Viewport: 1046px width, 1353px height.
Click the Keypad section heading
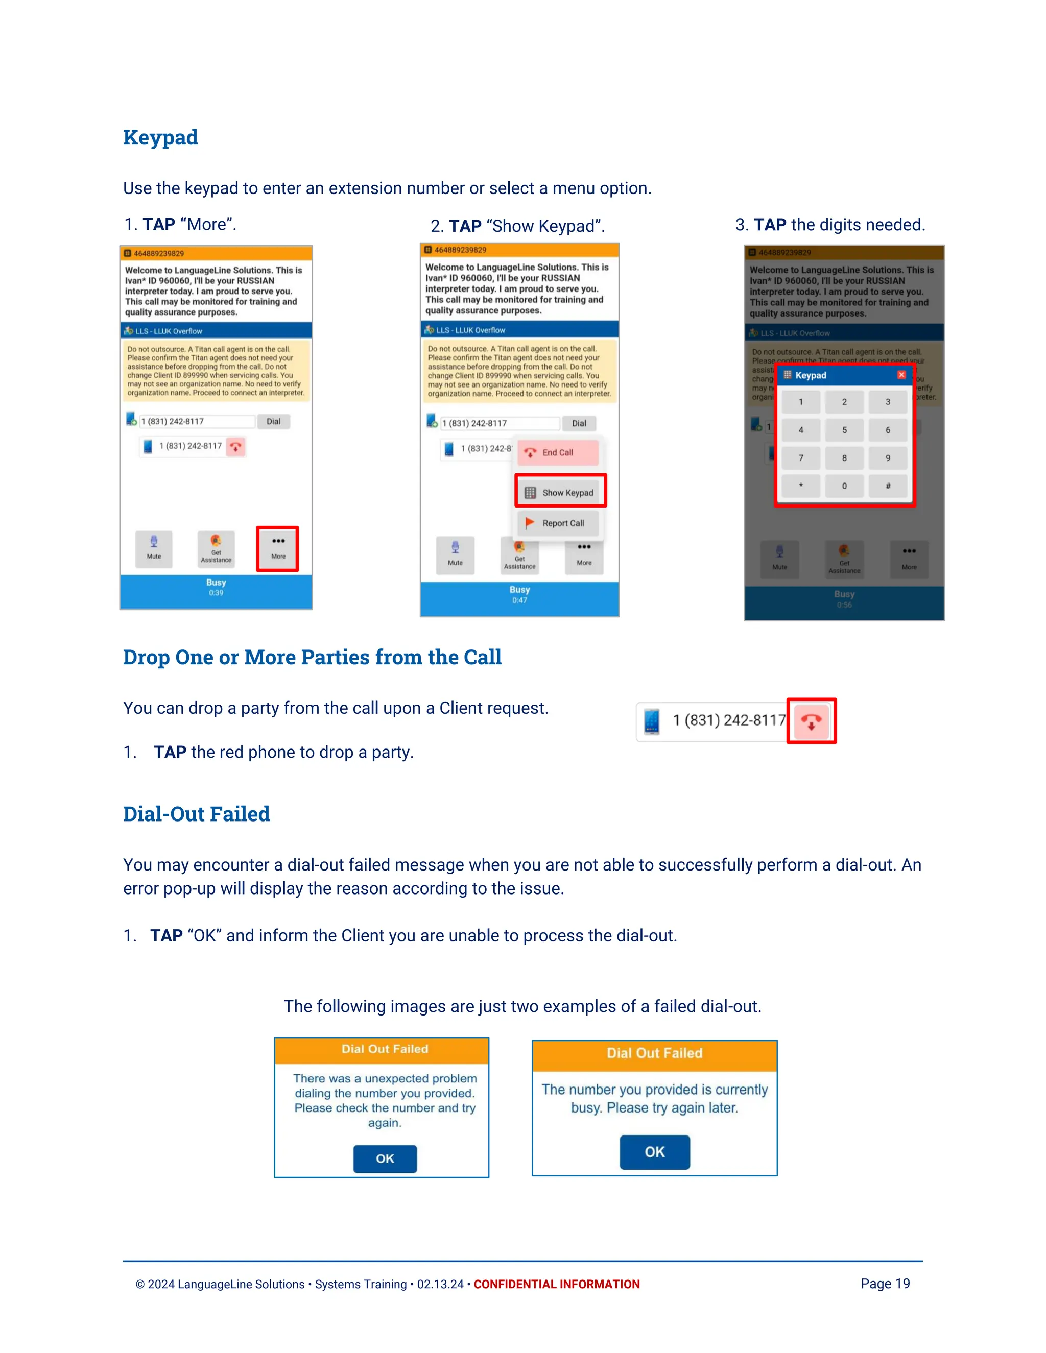[160, 137]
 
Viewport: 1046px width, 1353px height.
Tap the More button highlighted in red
[278, 548]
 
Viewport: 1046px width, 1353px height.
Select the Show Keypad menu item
[560, 493]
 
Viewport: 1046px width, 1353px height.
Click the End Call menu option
[557, 453]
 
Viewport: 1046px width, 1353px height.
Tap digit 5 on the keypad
[844, 430]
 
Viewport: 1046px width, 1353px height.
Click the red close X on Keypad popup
[901, 375]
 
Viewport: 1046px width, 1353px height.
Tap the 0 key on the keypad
[844, 486]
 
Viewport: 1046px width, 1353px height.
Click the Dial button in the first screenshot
[273, 421]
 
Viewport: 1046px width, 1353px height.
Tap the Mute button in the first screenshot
[154, 548]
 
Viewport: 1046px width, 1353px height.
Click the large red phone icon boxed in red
[811, 720]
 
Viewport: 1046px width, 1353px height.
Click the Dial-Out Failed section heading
[197, 814]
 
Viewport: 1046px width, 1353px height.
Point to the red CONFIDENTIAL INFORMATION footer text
[557, 1284]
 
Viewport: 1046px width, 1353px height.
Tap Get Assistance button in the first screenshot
[216, 548]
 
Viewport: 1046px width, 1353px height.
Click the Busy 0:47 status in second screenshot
[519, 594]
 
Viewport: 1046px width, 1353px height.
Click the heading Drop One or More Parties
[312, 657]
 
